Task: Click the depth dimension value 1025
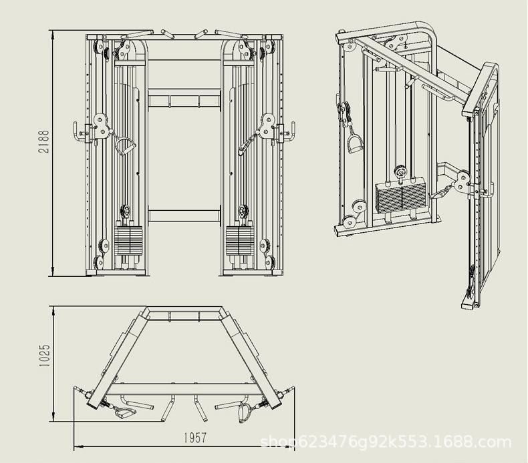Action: [x=44, y=354]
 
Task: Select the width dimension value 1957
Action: [x=193, y=438]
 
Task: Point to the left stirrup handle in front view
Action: [x=125, y=145]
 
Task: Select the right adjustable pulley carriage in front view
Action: [x=268, y=125]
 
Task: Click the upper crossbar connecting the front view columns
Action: [x=184, y=100]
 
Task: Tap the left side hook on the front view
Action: [x=79, y=131]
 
